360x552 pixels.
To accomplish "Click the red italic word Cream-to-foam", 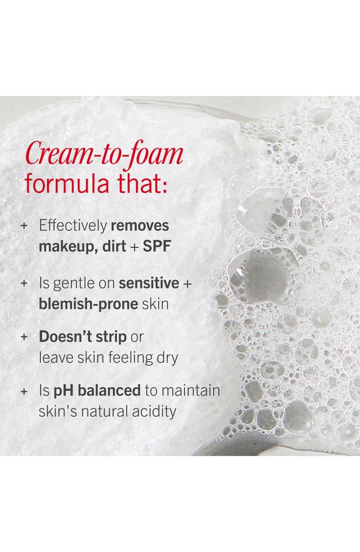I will coord(104,155).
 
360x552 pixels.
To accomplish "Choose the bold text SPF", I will coord(157,246).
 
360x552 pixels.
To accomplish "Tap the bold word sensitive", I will coord(148,283).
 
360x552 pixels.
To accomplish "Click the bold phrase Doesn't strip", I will coord(83,336).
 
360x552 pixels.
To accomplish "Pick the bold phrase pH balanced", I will coord(97,390).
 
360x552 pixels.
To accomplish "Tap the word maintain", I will coord(191,390).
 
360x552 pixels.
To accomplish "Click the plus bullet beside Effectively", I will coord(24,226).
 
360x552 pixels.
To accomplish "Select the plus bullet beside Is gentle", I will coord(24,284).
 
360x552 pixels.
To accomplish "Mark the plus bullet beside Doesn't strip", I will coord(24,337).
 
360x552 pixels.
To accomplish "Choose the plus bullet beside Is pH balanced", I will coord(24,391).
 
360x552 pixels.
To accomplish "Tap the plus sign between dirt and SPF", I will coord(134,246).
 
